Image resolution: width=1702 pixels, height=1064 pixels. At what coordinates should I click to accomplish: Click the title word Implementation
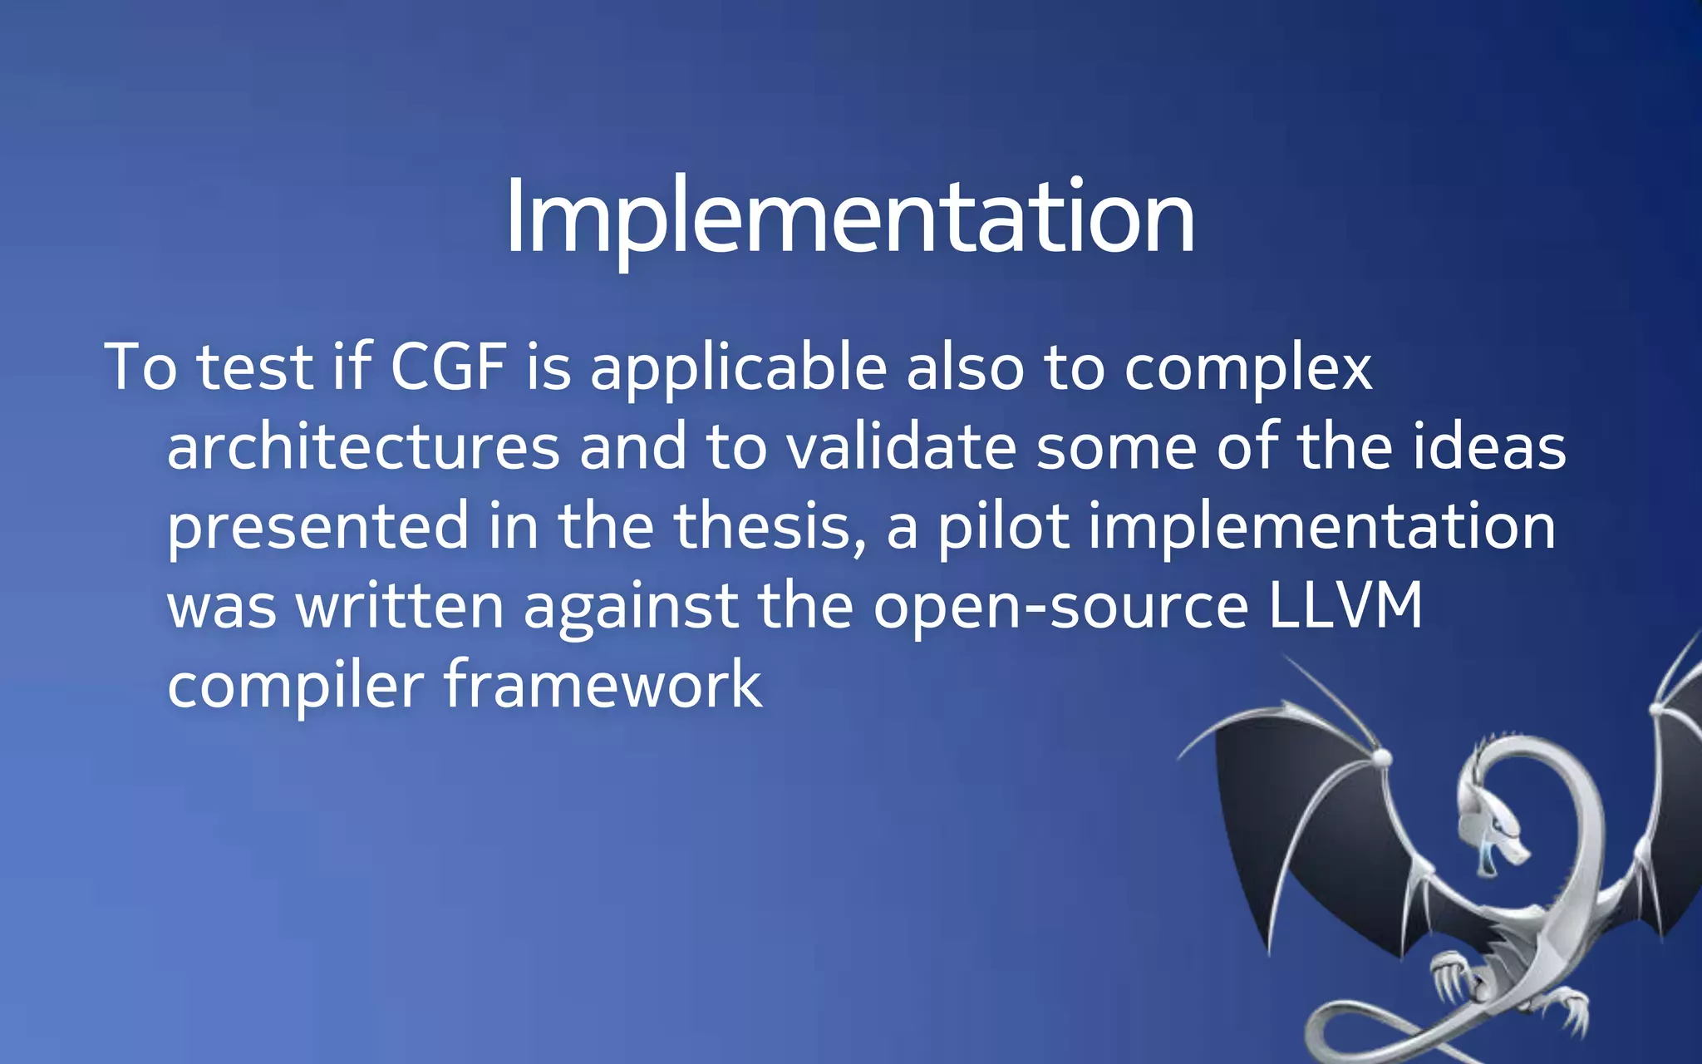pos(849,218)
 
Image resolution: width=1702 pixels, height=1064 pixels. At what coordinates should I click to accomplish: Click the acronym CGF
pos(448,367)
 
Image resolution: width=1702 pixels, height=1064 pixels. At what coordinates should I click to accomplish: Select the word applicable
pos(738,368)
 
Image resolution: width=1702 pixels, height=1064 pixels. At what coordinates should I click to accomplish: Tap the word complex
pos(1247,368)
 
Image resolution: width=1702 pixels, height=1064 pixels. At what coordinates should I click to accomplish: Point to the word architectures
pos(363,447)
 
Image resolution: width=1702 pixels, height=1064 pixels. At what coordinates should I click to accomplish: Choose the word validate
pos(902,447)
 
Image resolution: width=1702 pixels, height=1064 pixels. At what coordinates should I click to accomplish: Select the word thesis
pos(769,526)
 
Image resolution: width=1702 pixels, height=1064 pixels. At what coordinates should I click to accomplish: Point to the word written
pos(400,606)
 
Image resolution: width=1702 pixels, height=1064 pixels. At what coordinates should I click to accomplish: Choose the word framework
pos(602,685)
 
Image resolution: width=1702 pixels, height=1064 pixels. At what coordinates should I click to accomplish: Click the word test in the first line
pos(253,367)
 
